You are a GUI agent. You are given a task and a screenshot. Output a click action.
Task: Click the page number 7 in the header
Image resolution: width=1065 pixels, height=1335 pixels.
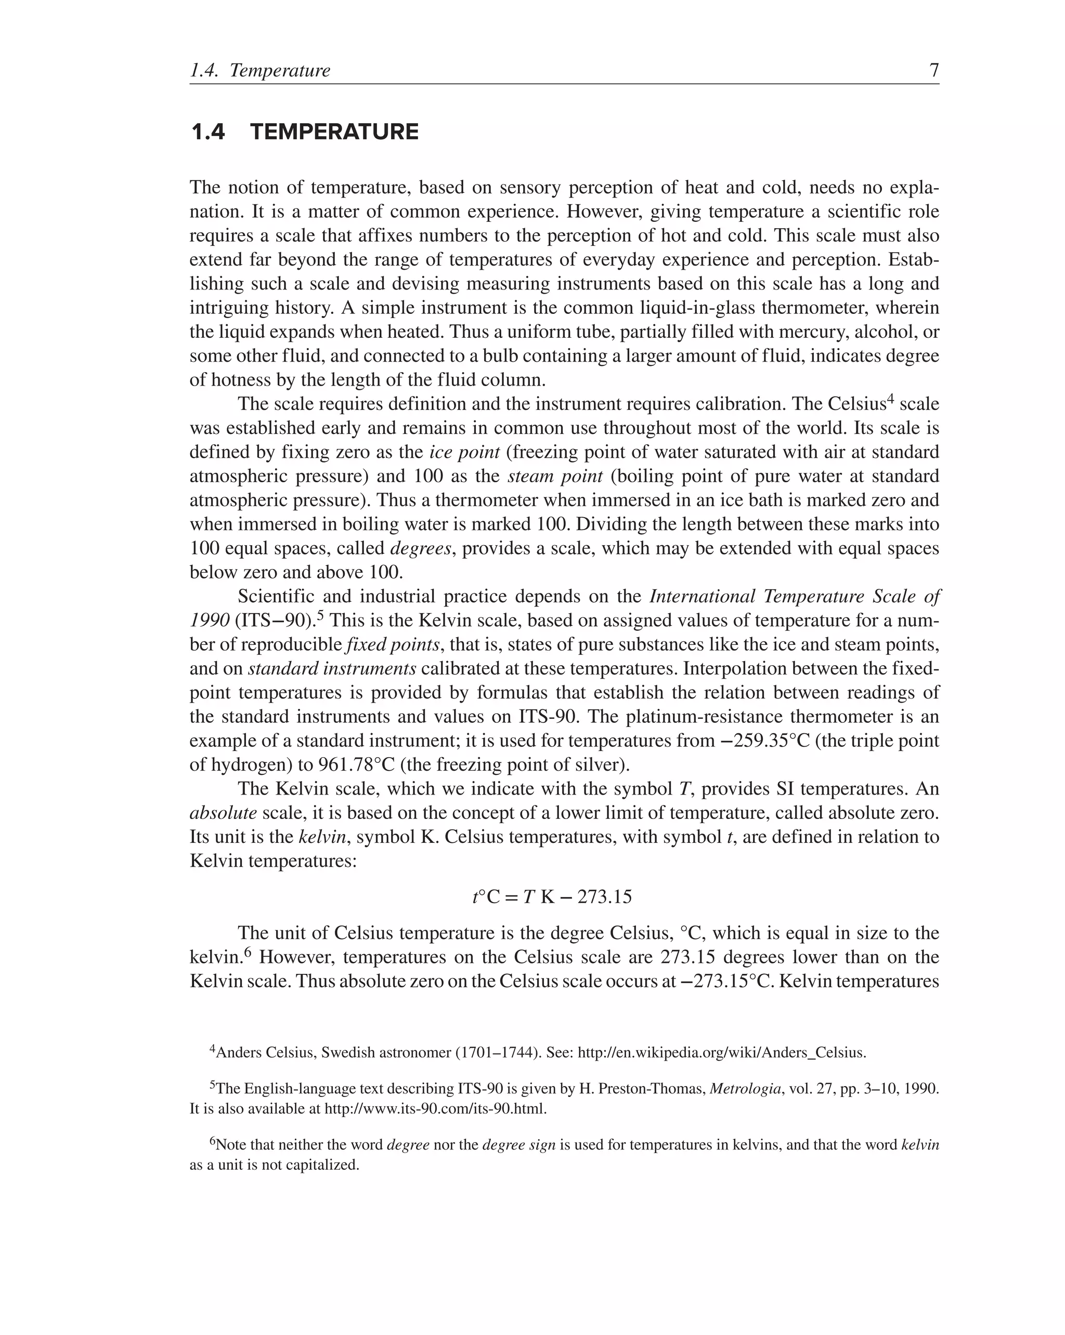coord(933,70)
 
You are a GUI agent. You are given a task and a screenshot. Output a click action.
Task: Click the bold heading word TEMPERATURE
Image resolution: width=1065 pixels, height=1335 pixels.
coord(334,132)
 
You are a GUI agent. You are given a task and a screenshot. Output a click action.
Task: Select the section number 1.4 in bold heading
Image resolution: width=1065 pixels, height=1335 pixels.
coord(208,132)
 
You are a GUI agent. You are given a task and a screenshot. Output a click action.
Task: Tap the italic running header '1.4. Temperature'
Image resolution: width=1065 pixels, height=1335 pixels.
coord(260,71)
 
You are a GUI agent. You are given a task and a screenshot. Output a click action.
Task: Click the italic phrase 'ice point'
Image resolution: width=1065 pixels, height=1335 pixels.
coord(464,452)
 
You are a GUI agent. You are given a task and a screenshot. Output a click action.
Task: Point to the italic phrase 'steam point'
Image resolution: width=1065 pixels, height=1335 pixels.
coord(554,476)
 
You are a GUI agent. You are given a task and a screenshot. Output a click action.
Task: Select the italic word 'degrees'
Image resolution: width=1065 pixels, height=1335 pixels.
coord(421,549)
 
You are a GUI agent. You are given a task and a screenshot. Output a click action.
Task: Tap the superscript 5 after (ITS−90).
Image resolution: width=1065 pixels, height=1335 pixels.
coord(320,615)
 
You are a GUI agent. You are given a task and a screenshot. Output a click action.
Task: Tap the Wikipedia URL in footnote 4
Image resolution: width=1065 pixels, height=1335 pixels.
coord(721,1053)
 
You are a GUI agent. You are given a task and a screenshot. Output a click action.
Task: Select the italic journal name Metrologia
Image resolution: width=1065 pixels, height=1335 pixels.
coord(745,1089)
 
